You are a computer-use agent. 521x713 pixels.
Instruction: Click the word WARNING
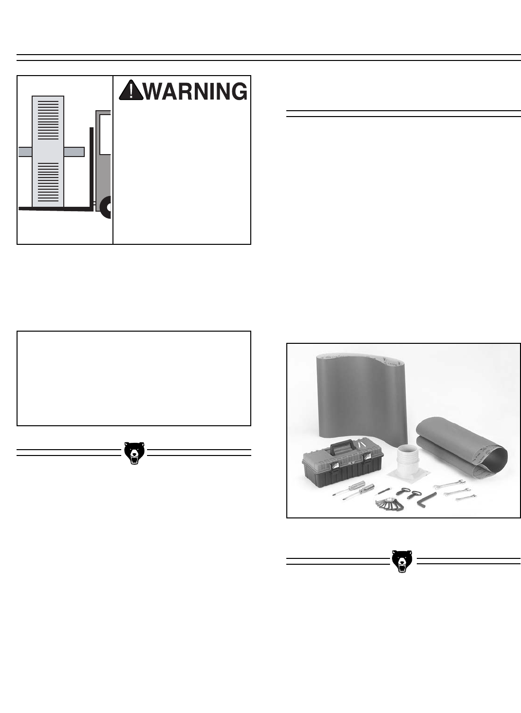195,91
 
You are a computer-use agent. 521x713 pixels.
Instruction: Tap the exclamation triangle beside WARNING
130,91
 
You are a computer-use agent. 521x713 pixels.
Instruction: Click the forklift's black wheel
106,207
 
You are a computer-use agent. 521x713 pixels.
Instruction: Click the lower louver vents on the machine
48,183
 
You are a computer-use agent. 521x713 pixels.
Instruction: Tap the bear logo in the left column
134,453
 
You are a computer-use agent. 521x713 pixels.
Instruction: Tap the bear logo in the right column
402,561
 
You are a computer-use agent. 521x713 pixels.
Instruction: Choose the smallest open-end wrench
465,497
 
